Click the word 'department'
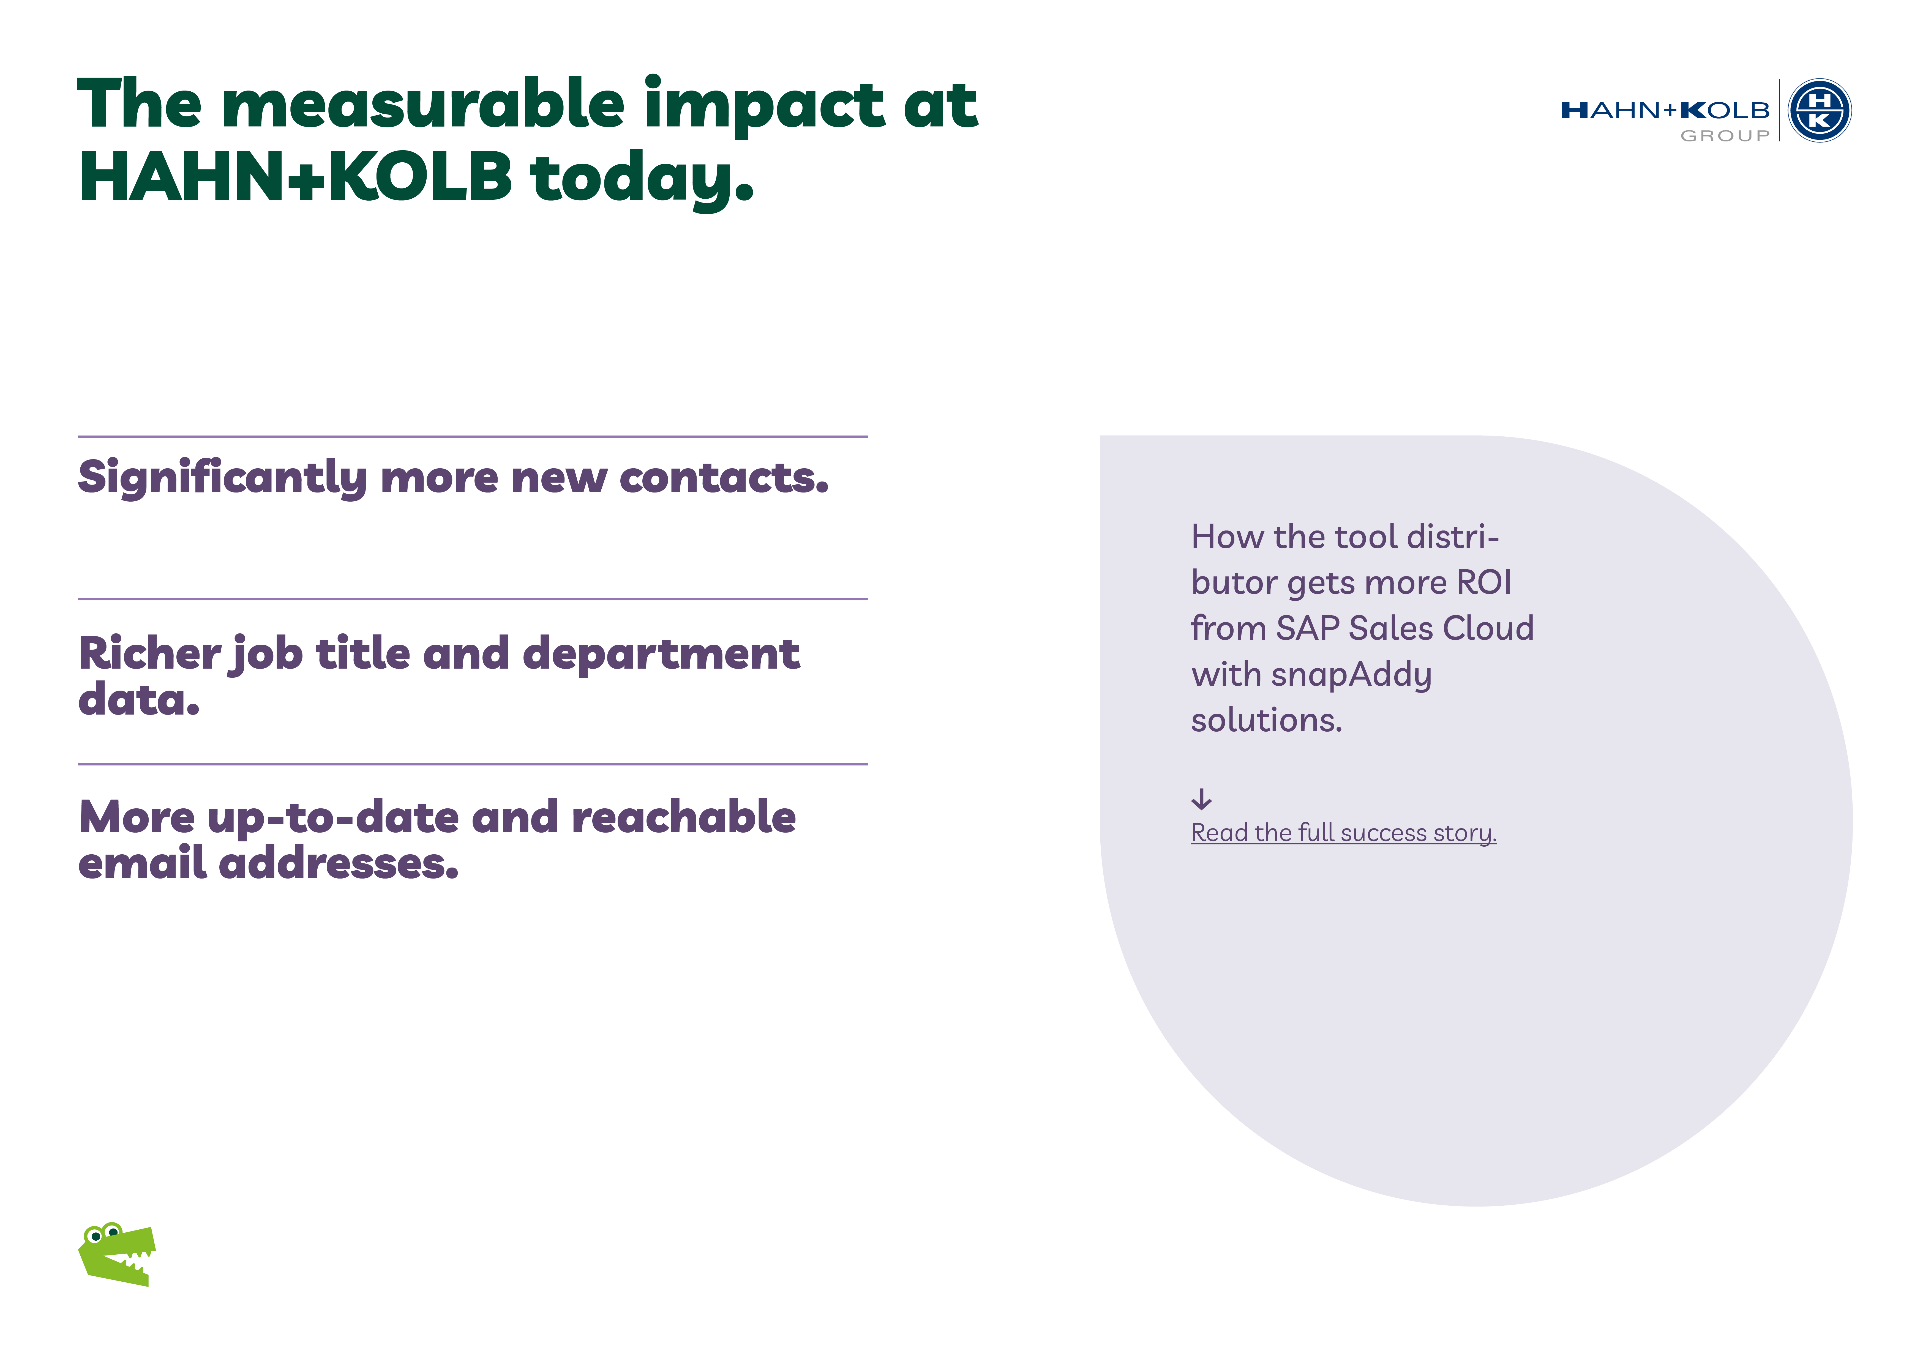661,656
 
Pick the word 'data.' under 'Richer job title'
139,700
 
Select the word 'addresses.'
339,864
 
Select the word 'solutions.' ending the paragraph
1267,721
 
